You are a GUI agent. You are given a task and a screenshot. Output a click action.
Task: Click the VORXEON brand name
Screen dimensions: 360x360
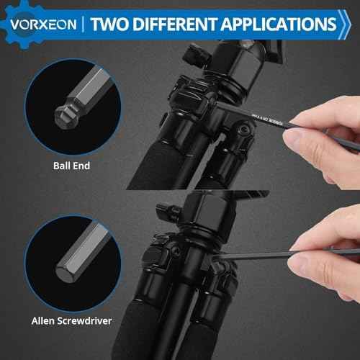(43, 23)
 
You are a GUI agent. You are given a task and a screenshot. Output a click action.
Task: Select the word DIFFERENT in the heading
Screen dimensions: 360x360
(183, 23)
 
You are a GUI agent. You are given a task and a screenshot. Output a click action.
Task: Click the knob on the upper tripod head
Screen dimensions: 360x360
(196, 54)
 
